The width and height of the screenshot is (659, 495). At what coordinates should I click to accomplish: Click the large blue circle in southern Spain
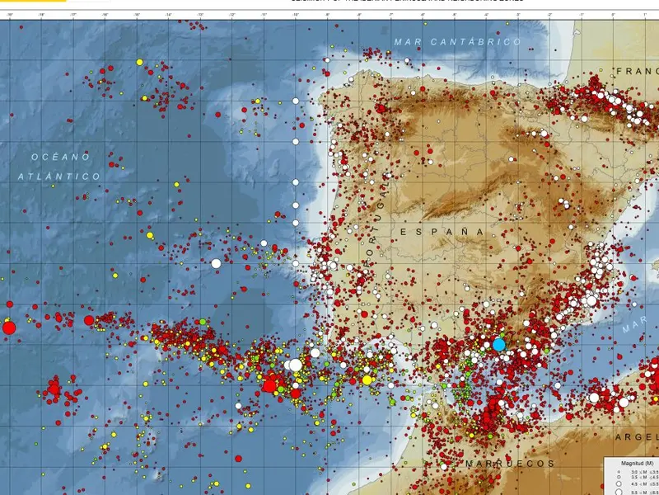(498, 345)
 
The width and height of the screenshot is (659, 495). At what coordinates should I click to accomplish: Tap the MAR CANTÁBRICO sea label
(457, 41)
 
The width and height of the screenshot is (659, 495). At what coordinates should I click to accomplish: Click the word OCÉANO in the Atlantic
(60, 157)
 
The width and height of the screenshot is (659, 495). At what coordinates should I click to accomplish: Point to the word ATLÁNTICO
(59, 177)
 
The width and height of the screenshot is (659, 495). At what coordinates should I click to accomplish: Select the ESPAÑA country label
(443, 233)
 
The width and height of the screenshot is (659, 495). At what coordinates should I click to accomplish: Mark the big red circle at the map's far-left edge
(9, 328)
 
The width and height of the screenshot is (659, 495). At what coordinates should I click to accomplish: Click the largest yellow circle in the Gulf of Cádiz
(367, 380)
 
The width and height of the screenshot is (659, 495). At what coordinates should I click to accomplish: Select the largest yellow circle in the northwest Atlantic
(139, 62)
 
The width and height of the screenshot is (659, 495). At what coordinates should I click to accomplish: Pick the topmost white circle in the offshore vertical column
(295, 101)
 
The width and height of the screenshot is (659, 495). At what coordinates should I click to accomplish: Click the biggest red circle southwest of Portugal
(269, 384)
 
